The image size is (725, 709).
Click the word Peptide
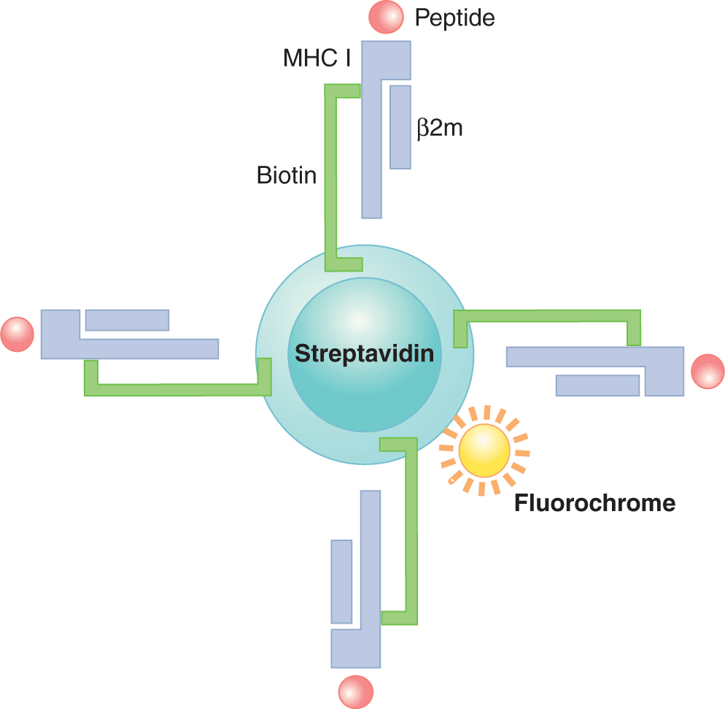tap(454, 18)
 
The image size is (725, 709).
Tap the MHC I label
tap(317, 58)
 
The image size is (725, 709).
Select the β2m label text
tap(440, 129)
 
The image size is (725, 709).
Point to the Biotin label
tap(287, 175)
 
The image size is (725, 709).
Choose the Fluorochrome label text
tap(594, 503)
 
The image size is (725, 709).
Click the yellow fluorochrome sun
tap(483, 450)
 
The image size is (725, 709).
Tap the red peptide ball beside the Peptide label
tap(385, 18)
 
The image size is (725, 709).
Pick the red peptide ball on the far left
tap(18, 334)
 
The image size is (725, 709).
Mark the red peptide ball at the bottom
tap(356, 690)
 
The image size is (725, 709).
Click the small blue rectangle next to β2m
tap(400, 127)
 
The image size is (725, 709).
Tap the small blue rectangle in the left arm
tap(127, 320)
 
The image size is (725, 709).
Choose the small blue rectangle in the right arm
tap(598, 385)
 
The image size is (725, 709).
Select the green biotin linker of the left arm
tap(175, 389)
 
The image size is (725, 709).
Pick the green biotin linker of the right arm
tap(547, 315)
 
